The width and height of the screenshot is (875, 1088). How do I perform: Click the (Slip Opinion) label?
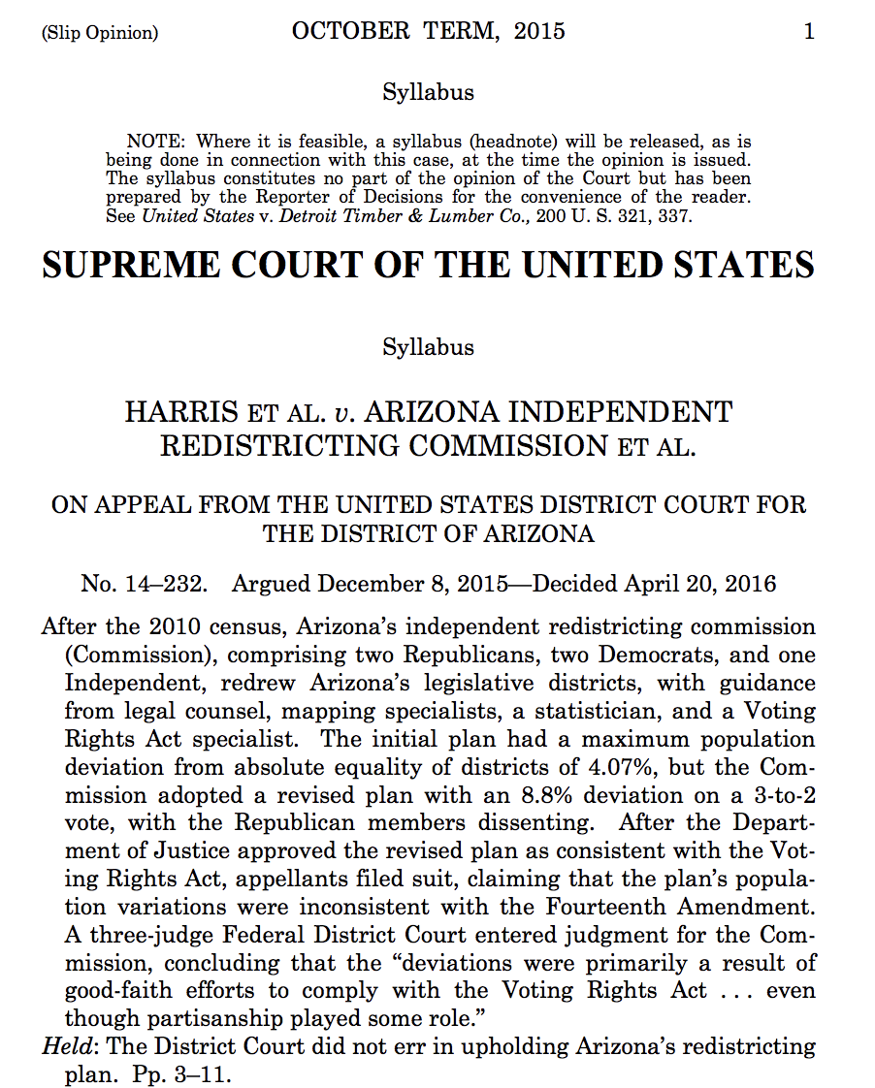click(x=99, y=33)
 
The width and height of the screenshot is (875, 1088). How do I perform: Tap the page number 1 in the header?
click(x=809, y=31)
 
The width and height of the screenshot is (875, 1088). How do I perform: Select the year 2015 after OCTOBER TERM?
click(x=539, y=31)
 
